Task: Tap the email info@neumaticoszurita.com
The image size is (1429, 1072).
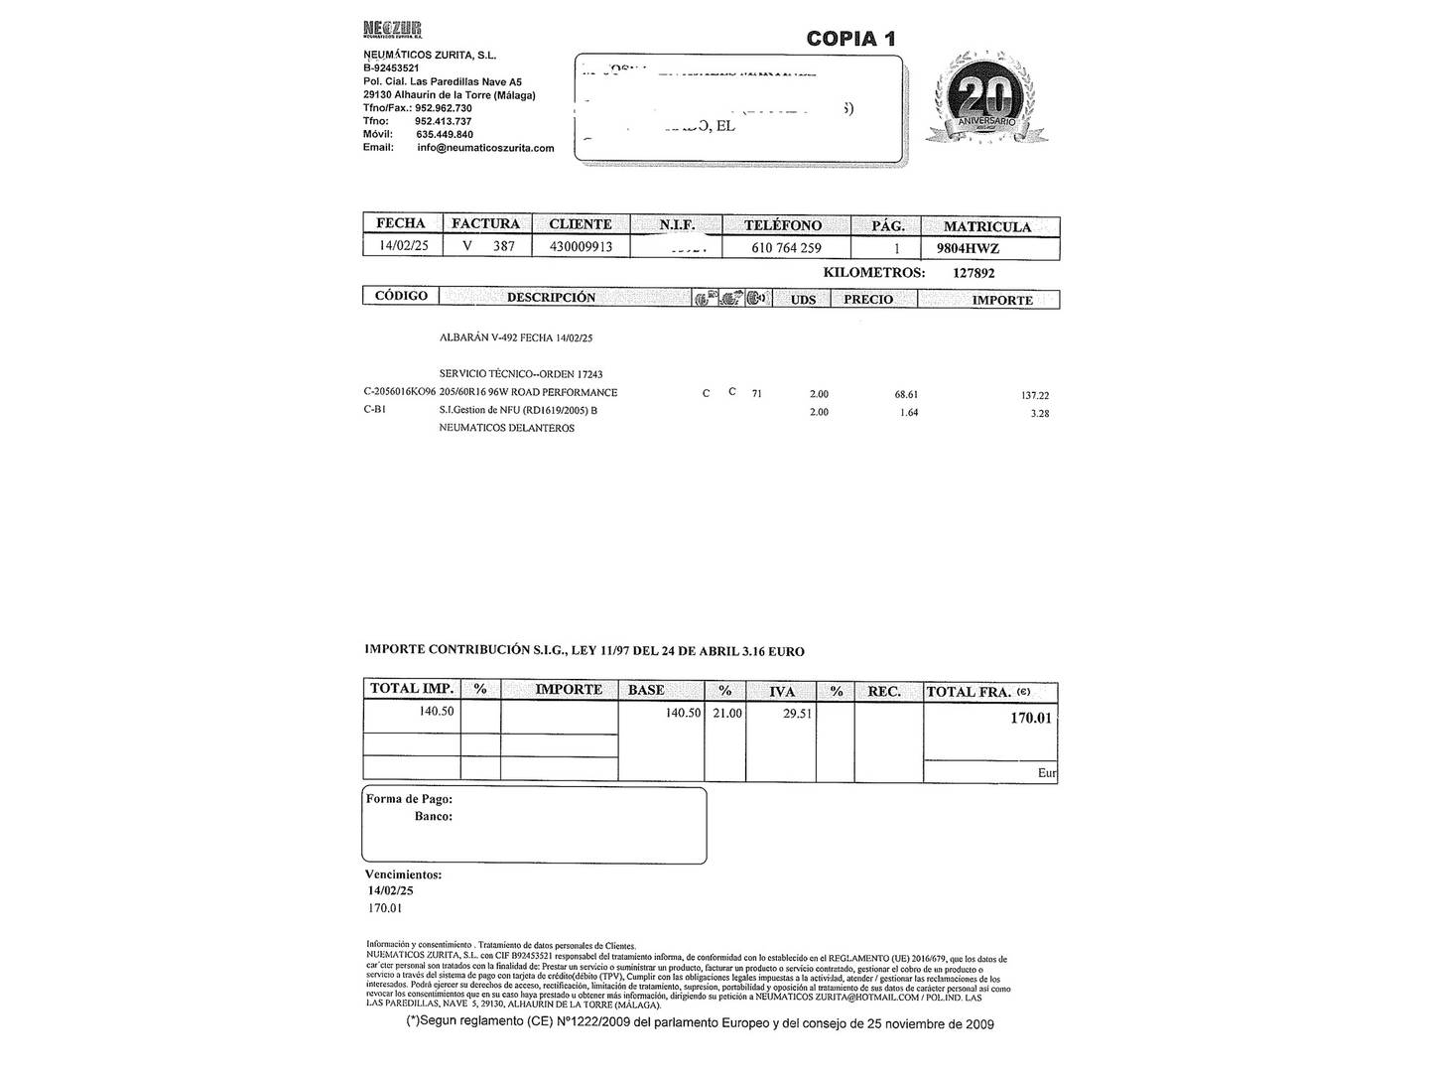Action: point(485,148)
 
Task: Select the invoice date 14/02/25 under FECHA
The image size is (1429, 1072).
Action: point(404,246)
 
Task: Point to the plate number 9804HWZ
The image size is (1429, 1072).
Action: point(968,248)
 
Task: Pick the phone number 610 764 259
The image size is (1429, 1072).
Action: point(786,248)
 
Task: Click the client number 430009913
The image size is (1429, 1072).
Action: point(581,246)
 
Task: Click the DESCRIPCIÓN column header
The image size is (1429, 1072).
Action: point(551,298)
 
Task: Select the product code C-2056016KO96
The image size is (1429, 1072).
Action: point(399,392)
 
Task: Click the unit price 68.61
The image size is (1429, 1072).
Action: point(906,394)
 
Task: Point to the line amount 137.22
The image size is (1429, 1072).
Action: point(1035,395)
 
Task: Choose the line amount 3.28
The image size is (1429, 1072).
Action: point(1039,413)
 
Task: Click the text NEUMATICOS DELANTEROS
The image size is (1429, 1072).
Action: point(506,429)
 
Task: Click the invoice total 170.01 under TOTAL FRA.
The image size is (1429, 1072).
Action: point(1030,718)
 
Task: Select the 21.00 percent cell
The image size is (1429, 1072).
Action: point(726,713)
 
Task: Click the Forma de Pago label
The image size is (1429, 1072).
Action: point(409,799)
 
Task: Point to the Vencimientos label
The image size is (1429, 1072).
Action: point(403,874)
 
